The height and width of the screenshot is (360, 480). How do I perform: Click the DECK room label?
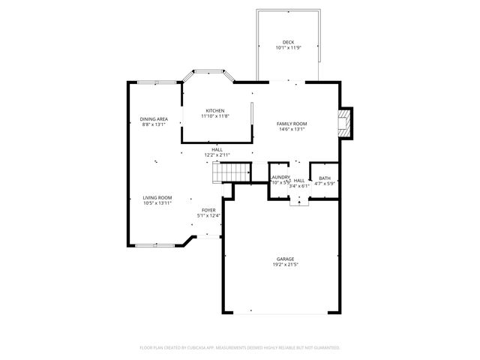point(288,42)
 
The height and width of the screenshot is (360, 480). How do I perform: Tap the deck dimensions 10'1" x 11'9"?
point(288,48)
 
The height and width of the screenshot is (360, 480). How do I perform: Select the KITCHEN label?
point(215,110)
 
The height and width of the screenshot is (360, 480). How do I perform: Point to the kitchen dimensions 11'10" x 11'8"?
point(215,116)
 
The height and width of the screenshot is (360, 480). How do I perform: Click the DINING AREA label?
point(154,119)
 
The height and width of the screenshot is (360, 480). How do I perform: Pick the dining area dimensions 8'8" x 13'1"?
point(154,125)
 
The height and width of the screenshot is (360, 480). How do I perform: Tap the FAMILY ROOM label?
point(292,124)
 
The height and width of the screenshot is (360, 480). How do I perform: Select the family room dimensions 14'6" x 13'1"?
point(292,130)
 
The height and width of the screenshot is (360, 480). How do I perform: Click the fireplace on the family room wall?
point(345,123)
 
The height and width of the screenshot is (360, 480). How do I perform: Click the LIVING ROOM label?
point(157,197)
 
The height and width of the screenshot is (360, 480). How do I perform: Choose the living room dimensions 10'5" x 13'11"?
point(157,203)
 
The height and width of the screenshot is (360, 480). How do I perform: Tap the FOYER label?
point(208,210)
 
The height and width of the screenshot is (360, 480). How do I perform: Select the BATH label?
point(324,178)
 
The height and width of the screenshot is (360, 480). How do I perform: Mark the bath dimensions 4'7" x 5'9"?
point(324,183)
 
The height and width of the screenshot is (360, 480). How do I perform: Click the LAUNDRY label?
point(280,177)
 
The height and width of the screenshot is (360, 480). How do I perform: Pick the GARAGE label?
point(284,259)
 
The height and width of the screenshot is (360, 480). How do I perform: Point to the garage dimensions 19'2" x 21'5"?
point(284,265)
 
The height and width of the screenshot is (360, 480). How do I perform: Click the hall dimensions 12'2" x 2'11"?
point(217,155)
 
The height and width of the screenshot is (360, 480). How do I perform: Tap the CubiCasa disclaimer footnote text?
point(240,347)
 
